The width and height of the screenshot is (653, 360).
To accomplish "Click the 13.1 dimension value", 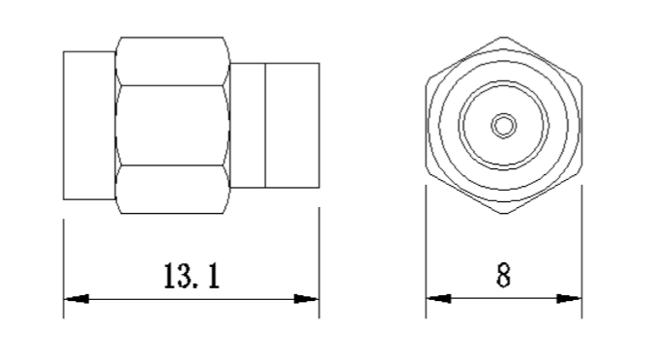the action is click(192, 276).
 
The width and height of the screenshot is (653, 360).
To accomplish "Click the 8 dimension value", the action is click(503, 275).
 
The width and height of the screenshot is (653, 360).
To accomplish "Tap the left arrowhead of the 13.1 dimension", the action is click(76, 299).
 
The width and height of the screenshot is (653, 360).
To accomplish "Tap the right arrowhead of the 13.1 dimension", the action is click(307, 299).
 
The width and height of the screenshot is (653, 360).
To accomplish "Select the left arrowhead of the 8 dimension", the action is click(438, 298).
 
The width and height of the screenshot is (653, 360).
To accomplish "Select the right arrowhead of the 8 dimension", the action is click(569, 298).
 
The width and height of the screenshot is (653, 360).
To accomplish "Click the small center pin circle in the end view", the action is click(504, 126).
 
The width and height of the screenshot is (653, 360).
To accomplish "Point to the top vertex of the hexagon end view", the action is click(504, 37).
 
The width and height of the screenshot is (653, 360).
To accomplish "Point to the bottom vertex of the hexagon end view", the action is click(504, 214).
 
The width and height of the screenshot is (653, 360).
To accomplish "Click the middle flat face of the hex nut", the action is click(172, 126).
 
